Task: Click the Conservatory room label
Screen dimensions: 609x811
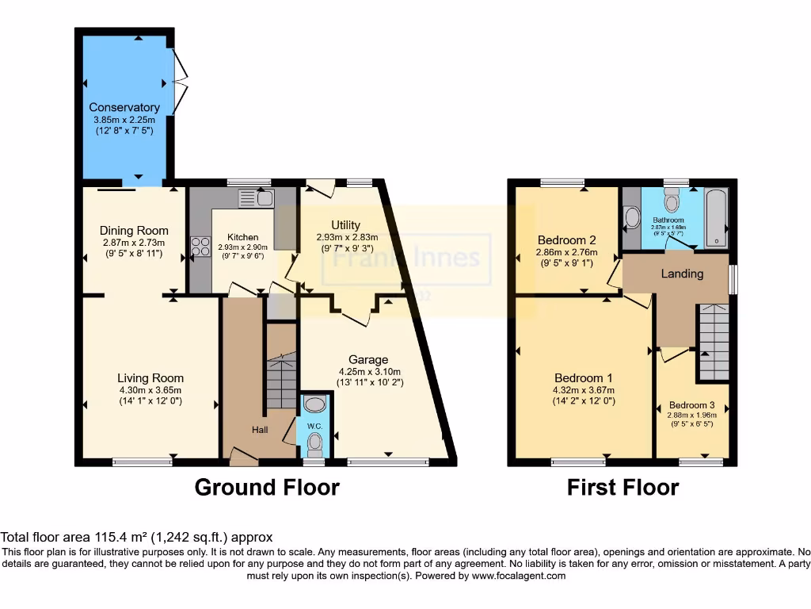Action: [x=124, y=107]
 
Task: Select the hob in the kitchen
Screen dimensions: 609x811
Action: [x=199, y=247]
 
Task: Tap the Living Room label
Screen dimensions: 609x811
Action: [x=150, y=378]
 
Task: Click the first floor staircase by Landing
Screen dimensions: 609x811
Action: [x=714, y=343]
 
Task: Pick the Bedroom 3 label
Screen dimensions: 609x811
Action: [x=692, y=405]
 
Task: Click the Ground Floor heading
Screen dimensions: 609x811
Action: [x=267, y=487]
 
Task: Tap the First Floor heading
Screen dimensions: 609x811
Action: [x=623, y=487]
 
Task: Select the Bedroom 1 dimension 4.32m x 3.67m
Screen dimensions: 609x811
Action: [x=584, y=389]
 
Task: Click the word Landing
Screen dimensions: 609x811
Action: [x=682, y=274]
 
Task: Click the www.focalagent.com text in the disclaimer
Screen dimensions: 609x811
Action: [x=518, y=576]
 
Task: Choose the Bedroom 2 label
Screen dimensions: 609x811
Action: [x=566, y=240]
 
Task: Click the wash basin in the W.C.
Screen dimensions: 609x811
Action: [x=314, y=405]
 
